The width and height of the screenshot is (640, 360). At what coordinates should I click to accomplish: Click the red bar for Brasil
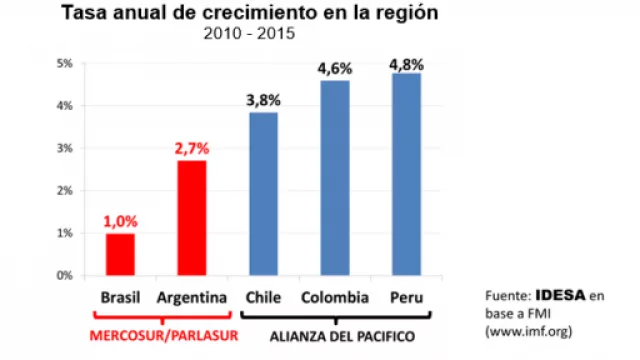pyautogui.click(x=120, y=254)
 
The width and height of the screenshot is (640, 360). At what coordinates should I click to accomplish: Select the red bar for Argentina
pyautogui.click(x=191, y=217)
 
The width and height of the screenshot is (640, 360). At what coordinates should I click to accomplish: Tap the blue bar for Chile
pyautogui.click(x=263, y=193)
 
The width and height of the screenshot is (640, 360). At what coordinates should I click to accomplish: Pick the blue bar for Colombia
pyautogui.click(x=334, y=177)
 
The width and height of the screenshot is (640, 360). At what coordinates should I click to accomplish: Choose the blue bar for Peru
pyautogui.click(x=406, y=173)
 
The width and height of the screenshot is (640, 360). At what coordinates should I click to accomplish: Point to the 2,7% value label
pyautogui.click(x=191, y=148)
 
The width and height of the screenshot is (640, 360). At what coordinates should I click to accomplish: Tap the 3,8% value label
pyautogui.click(x=263, y=100)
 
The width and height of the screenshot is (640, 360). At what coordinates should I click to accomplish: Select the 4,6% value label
pyautogui.click(x=335, y=68)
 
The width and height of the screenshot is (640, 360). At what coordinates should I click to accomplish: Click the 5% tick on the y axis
pyautogui.click(x=66, y=63)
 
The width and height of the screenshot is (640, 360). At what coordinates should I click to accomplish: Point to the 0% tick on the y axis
pyautogui.click(x=66, y=275)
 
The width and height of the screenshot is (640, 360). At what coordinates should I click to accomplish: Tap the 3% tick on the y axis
pyautogui.click(x=66, y=148)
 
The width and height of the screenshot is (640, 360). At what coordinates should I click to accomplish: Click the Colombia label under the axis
pyautogui.click(x=335, y=298)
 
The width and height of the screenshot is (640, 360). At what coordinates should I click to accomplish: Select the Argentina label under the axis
pyautogui.click(x=191, y=298)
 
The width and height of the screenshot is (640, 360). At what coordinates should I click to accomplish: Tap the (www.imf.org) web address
pyautogui.click(x=529, y=328)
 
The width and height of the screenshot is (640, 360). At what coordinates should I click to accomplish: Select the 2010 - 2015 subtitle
pyautogui.click(x=247, y=34)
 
